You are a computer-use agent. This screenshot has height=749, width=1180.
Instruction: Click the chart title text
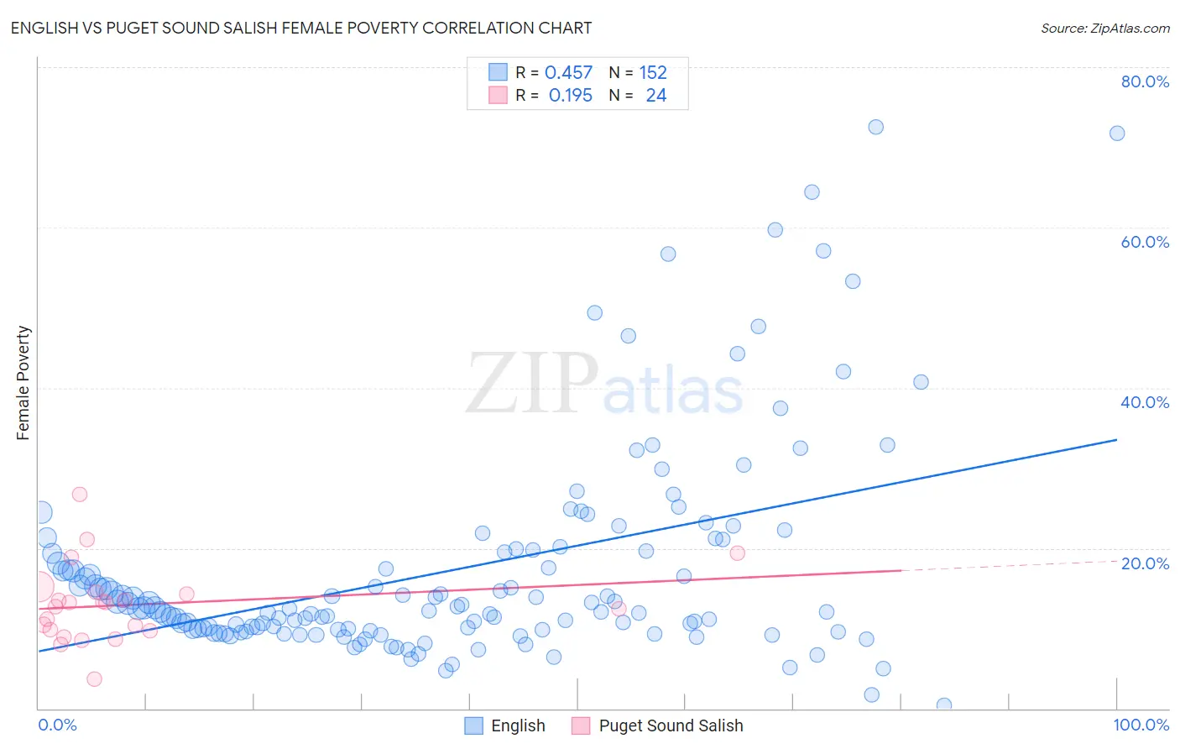click(x=301, y=28)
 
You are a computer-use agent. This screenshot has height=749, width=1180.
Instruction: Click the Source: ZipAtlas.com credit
click(x=1104, y=28)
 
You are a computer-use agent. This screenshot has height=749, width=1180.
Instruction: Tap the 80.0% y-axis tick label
click(x=1145, y=81)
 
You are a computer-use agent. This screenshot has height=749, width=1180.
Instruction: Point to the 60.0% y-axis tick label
click(x=1145, y=242)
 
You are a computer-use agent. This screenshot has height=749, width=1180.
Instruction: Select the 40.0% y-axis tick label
click(x=1145, y=402)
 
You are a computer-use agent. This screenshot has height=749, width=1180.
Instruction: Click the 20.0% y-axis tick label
click(x=1145, y=563)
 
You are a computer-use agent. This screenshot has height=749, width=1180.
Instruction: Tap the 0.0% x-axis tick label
click(x=57, y=725)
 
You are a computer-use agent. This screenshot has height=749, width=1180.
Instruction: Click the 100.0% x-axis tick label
click(x=1141, y=725)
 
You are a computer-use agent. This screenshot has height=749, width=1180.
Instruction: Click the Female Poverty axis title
click(x=23, y=383)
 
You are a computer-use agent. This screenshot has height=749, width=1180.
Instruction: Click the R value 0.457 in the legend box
click(x=568, y=73)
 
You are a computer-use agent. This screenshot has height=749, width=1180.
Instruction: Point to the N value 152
click(x=653, y=73)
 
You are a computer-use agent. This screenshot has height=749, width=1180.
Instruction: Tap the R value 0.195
click(x=570, y=96)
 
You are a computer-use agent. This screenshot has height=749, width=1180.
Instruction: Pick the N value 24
click(x=655, y=96)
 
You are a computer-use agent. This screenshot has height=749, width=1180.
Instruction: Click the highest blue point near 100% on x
click(x=1117, y=134)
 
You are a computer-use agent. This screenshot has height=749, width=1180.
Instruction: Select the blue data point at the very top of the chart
click(x=875, y=127)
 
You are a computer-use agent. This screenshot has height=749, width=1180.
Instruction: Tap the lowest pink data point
click(x=95, y=678)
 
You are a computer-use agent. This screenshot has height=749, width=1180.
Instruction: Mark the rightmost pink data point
click(x=738, y=553)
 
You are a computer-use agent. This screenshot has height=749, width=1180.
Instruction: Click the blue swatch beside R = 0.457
click(x=499, y=73)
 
